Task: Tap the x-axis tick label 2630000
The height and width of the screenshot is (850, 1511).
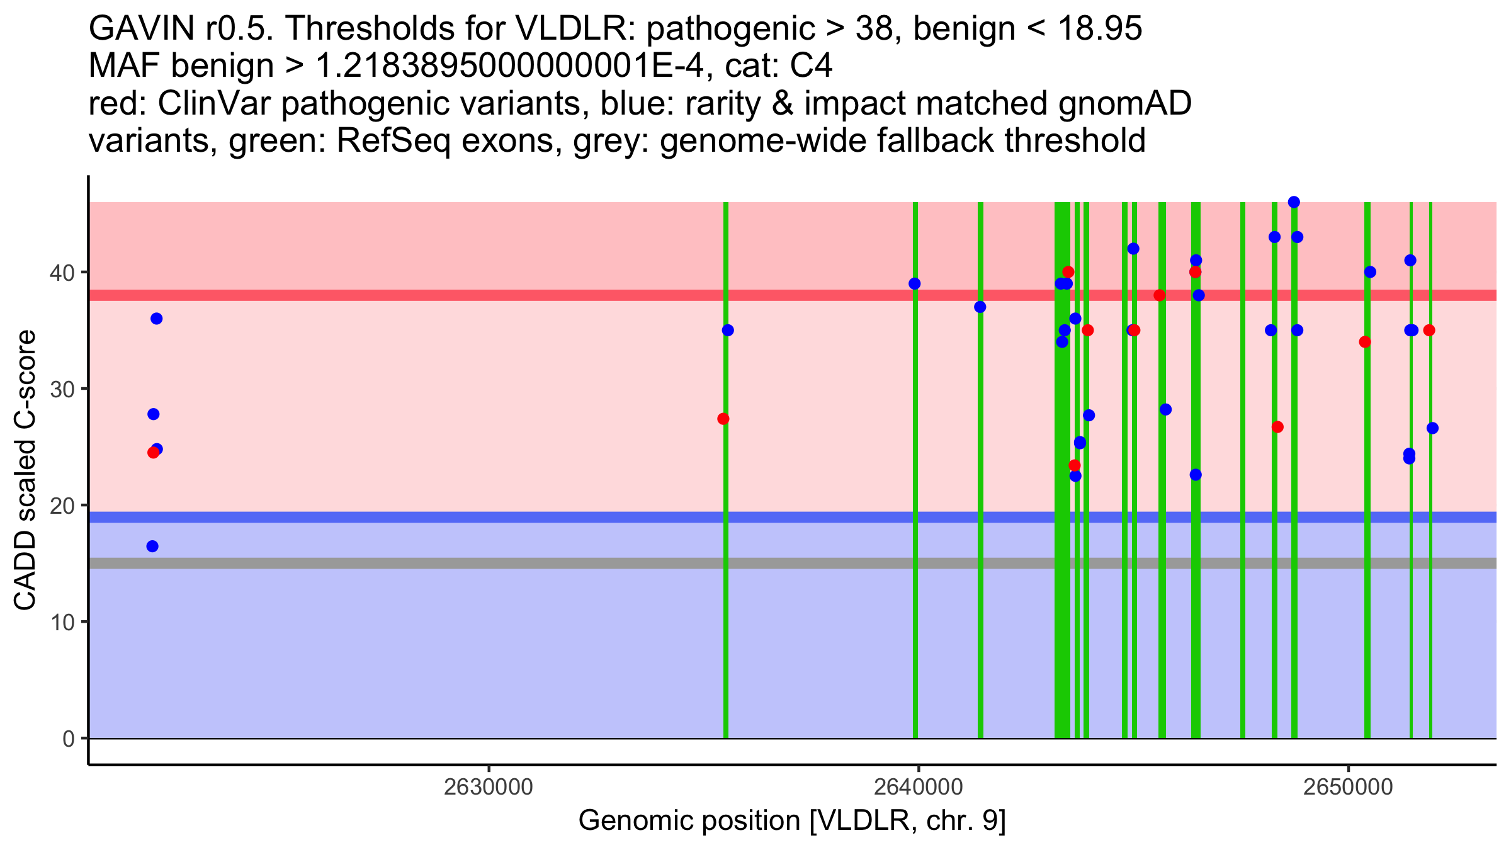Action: (x=488, y=787)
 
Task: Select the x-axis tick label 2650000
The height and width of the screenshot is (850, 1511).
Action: (x=1348, y=787)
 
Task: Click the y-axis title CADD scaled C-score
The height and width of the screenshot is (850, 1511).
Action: (x=25, y=470)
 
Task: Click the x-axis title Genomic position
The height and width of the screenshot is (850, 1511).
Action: (x=792, y=820)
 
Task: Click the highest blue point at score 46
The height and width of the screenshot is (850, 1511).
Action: (x=1294, y=202)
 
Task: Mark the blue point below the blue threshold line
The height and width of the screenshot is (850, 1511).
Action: (x=152, y=546)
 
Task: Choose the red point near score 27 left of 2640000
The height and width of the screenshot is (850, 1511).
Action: (x=723, y=419)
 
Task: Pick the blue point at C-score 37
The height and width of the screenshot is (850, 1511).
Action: (x=980, y=307)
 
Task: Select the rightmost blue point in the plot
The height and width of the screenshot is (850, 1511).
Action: (x=1432, y=428)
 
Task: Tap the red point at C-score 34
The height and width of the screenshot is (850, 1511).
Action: (x=1365, y=342)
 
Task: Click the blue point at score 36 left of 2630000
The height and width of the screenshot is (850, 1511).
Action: (x=157, y=319)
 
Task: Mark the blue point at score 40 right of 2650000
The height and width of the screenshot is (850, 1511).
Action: (x=1370, y=272)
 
